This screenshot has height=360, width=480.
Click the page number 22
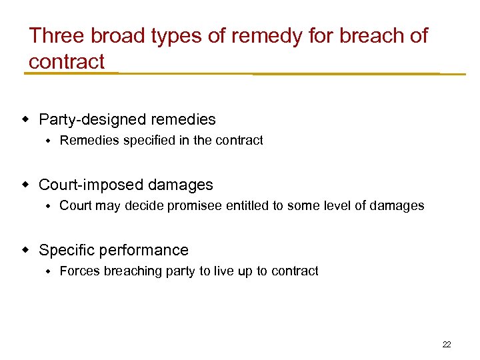tap(447, 345)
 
